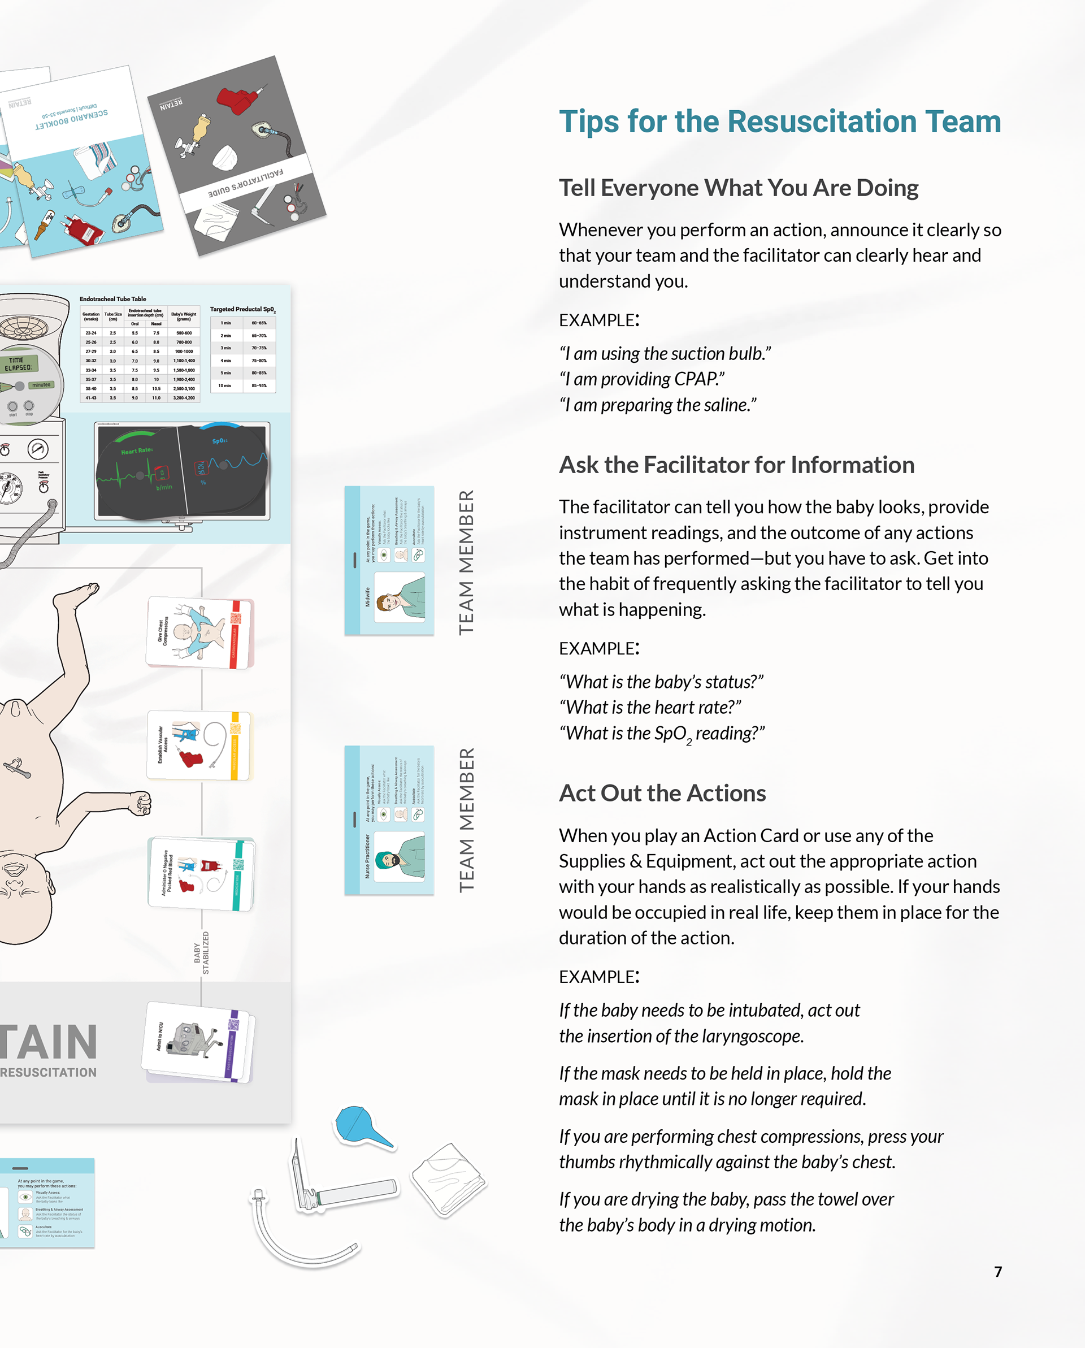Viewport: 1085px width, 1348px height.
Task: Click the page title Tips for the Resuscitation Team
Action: coord(779,122)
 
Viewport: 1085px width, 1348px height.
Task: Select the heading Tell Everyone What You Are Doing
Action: coord(738,188)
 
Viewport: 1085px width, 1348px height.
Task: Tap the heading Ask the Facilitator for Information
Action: coord(736,465)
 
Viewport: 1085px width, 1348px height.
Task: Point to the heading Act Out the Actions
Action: coord(662,793)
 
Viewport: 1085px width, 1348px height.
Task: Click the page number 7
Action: coord(997,1271)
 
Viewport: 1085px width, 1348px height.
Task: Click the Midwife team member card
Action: coord(389,561)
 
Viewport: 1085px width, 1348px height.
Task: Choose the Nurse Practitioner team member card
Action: coord(389,820)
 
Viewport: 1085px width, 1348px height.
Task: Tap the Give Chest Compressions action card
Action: coord(200,632)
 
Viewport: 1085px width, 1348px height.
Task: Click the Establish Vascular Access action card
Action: coord(199,745)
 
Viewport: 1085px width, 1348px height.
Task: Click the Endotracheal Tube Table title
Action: coord(112,299)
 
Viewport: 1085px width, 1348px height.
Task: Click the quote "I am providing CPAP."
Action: coord(642,379)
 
